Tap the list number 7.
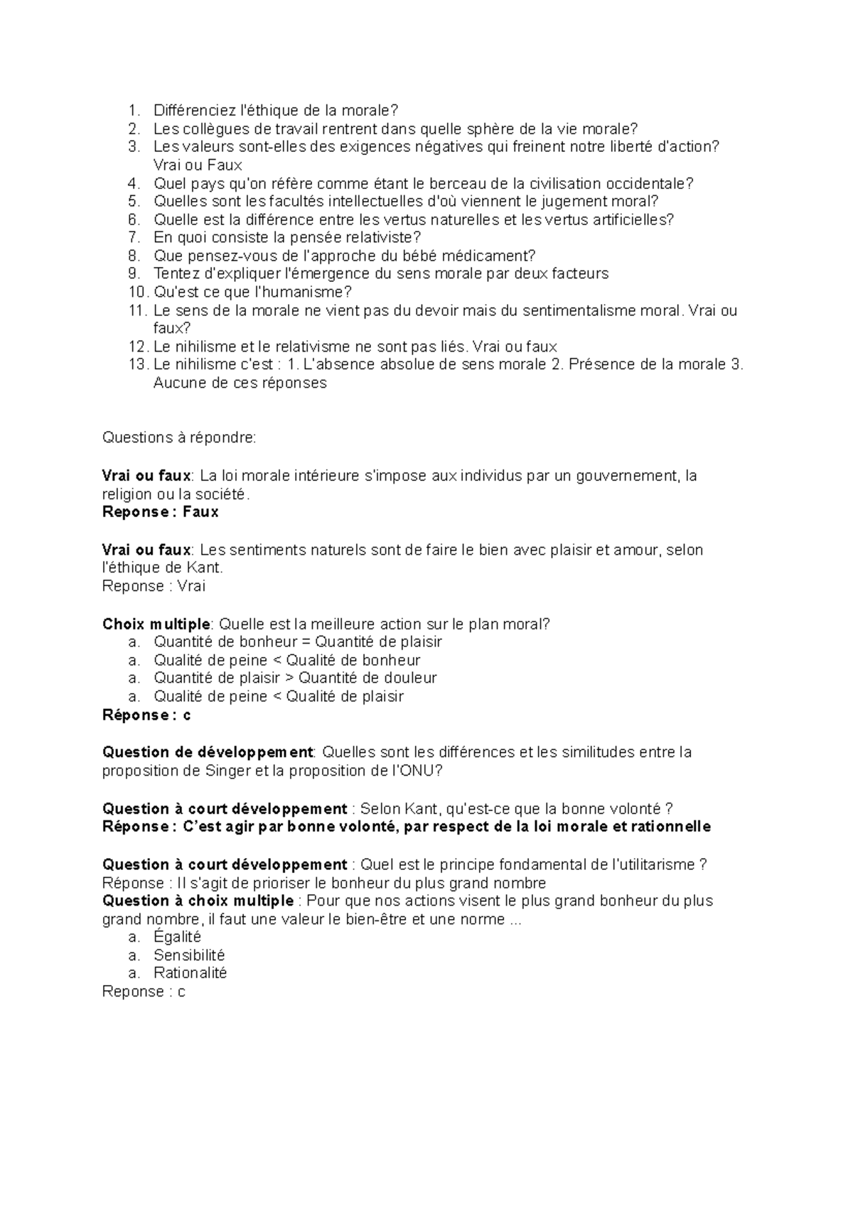(x=134, y=237)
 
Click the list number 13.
(x=136, y=364)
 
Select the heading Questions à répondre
(x=179, y=438)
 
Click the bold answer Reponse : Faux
(x=161, y=512)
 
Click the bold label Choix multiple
(x=156, y=624)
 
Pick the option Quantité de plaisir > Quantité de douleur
(x=295, y=678)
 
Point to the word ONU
(x=417, y=771)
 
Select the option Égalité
(x=178, y=937)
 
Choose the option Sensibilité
(x=189, y=955)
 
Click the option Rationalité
(x=190, y=973)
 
